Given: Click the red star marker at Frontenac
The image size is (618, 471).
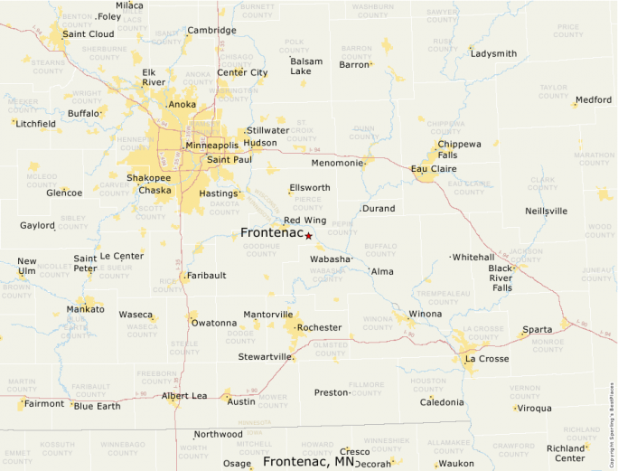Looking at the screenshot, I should click(308, 236).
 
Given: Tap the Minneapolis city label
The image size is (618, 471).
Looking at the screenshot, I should click(211, 146).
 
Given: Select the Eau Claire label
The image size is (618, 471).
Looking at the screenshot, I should click(433, 169).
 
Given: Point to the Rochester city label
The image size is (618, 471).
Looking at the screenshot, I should click(319, 327).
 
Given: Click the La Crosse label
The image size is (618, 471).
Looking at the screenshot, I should click(486, 359).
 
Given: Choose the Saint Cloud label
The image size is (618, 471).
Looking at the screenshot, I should click(89, 34).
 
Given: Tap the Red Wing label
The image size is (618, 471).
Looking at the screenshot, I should click(304, 220).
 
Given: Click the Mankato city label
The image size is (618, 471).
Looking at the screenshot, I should click(86, 309).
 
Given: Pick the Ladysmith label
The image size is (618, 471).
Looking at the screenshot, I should click(493, 53).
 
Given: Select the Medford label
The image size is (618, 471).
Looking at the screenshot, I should click(593, 99).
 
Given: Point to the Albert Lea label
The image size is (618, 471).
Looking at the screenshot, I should click(183, 396).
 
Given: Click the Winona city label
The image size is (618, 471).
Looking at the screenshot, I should click(426, 314).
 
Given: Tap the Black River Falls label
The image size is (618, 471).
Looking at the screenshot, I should click(501, 278).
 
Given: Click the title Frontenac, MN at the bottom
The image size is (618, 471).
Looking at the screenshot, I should click(308, 461).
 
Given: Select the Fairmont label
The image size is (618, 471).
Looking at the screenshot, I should click(43, 404).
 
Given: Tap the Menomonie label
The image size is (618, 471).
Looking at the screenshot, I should click(336, 163).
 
